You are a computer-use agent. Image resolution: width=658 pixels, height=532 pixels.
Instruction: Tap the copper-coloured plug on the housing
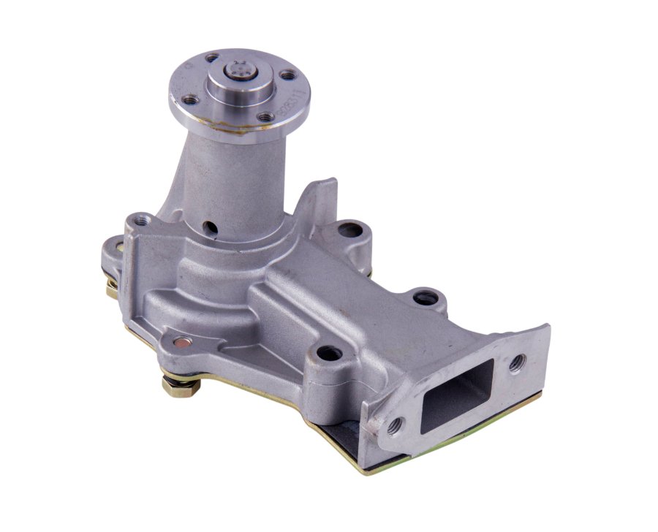181,341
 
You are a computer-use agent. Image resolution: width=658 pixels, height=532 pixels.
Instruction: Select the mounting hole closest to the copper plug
329,354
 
